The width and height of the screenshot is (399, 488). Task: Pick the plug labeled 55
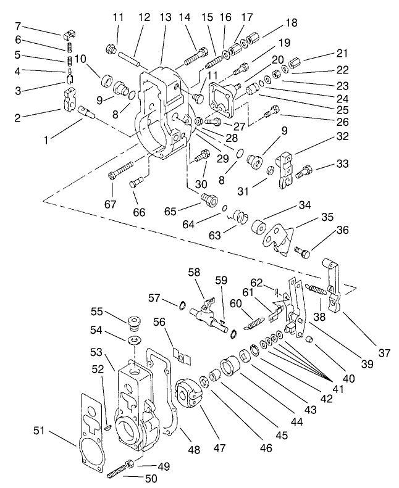132,323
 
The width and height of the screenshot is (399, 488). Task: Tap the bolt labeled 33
304,172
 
